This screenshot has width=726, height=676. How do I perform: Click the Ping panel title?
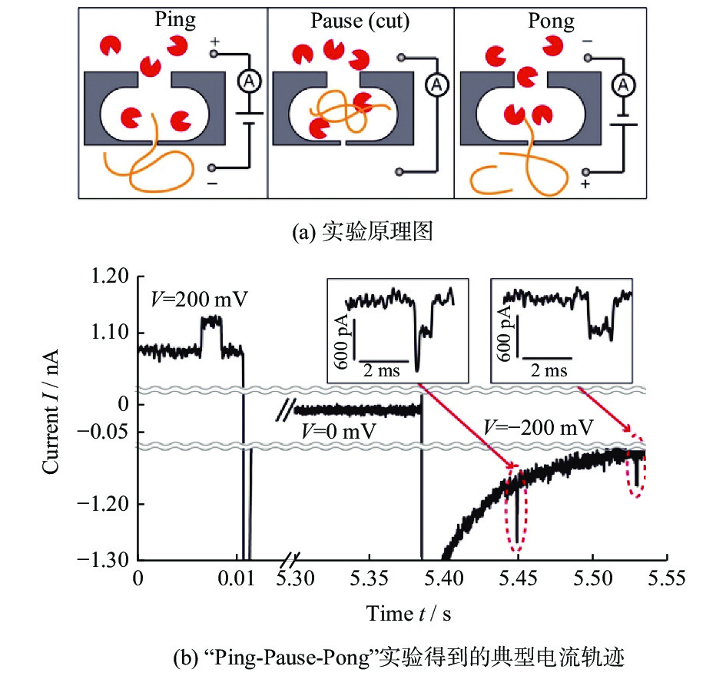175,20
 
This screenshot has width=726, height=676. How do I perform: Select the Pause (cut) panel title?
360,21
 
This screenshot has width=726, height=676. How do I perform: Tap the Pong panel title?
551,21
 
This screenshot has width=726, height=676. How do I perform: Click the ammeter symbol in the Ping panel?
250,82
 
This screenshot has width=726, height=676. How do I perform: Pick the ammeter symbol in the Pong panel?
624,84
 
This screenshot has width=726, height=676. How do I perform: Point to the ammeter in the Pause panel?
436,84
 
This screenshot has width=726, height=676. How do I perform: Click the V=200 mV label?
199,300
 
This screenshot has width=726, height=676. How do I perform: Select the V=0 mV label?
339,431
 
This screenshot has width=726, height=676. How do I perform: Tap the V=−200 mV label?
538,427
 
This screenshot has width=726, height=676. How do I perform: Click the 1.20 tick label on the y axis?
109,276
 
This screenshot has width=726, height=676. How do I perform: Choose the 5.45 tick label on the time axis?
518,578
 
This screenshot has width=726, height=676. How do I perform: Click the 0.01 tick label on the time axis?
236,578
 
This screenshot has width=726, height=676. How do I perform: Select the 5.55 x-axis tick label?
666,578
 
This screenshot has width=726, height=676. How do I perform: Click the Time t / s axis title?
409,614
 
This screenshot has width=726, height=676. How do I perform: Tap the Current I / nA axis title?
51,412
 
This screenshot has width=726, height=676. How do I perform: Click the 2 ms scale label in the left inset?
381,370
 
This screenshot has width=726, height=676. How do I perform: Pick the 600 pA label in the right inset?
505,333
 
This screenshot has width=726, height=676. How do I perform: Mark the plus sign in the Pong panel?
585,184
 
